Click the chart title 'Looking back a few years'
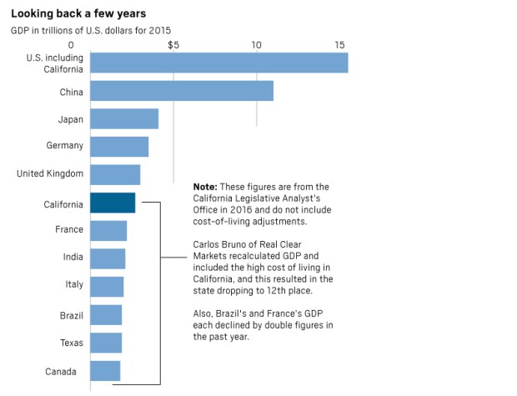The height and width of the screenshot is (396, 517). (78, 13)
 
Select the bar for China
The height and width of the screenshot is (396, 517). (182, 91)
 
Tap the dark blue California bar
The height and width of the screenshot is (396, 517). (113, 203)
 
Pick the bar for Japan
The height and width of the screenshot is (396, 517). (124, 118)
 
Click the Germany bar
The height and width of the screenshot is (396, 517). (119, 147)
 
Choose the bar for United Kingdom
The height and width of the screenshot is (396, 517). (115, 175)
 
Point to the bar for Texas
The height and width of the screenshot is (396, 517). (106, 343)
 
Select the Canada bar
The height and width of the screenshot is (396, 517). (105, 371)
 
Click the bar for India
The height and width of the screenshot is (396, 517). (108, 258)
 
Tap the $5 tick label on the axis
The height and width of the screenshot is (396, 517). (173, 45)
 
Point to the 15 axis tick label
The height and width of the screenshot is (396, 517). (339, 45)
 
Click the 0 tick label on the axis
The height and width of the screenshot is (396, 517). (71, 45)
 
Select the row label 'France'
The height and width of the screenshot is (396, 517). (69, 229)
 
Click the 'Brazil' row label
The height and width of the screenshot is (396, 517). (72, 315)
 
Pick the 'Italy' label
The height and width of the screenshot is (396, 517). (74, 284)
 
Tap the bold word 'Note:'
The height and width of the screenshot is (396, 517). (205, 187)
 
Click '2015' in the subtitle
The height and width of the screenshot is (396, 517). (159, 30)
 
